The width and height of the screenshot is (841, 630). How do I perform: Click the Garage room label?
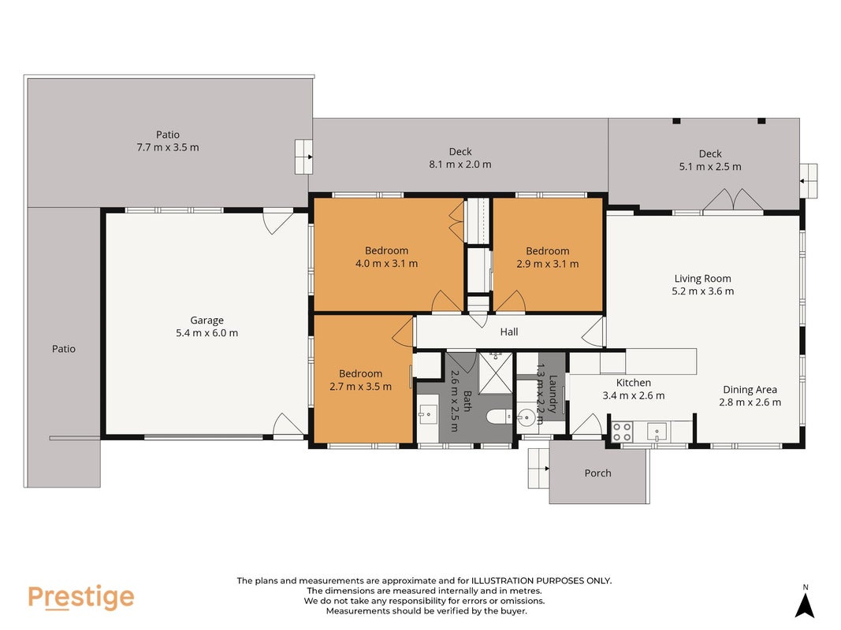[x=207, y=321]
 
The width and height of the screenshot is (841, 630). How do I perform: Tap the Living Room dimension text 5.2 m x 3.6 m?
[x=702, y=291]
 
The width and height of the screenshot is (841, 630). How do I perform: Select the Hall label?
[x=509, y=332]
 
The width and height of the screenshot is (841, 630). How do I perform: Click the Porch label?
[x=597, y=473]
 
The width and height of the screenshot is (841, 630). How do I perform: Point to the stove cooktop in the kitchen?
[x=622, y=432]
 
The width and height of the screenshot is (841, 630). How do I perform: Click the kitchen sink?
[x=657, y=432]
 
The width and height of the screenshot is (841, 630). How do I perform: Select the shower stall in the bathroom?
[x=496, y=372]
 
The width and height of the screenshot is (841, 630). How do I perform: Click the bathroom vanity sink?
[x=427, y=415]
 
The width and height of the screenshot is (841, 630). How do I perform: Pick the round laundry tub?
[x=527, y=417]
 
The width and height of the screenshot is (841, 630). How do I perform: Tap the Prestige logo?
[x=81, y=598]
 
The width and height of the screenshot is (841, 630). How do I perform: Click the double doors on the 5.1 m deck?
[x=733, y=200]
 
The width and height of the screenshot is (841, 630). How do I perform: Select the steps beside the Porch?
[x=538, y=469]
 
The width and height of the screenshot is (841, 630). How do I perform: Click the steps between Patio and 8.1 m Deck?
[x=303, y=157]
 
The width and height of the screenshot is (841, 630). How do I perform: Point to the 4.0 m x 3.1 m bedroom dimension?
[x=386, y=264]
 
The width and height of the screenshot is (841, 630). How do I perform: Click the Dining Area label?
[x=750, y=390]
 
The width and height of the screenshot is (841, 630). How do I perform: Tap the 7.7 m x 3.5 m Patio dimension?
[x=167, y=147]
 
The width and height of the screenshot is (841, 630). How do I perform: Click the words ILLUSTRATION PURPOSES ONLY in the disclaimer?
[x=541, y=580]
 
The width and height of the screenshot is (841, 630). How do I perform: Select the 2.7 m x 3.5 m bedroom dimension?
[x=360, y=387]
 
